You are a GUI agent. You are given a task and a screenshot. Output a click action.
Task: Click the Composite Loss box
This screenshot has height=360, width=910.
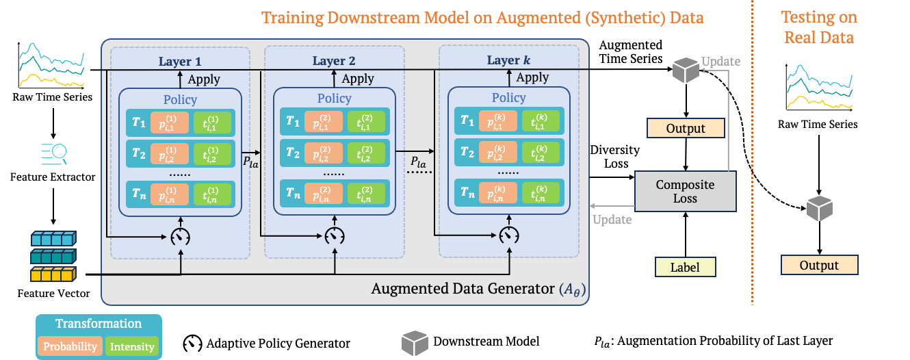(686, 192)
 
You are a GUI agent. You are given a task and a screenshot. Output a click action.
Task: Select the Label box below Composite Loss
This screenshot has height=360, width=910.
(686, 267)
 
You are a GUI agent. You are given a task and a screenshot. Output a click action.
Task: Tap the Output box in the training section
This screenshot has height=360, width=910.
(686, 128)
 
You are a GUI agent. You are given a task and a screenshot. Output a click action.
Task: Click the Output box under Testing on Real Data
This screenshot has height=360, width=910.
(820, 265)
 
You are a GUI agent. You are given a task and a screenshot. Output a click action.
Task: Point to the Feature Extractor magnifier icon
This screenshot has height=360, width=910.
(53, 155)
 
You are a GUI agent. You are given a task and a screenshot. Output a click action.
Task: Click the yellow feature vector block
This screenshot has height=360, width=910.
(53, 274)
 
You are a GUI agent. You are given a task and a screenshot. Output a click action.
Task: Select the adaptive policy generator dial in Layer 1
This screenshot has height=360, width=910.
(181, 237)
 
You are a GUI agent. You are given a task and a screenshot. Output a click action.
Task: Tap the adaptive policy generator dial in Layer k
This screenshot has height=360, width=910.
(509, 235)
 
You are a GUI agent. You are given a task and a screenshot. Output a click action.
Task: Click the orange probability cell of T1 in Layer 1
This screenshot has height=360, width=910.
(170, 123)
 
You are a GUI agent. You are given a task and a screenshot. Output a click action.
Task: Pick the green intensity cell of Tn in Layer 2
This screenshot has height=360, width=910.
(366, 193)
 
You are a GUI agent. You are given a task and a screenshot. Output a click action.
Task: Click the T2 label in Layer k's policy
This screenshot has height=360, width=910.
(467, 153)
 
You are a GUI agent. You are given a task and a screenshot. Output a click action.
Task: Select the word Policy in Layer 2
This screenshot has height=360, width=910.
(335, 98)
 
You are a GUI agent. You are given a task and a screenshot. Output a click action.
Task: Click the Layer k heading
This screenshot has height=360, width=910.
(508, 60)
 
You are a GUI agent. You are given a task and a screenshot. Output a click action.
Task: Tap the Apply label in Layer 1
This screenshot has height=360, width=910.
(204, 79)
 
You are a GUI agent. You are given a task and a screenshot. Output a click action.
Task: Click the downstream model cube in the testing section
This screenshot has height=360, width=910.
(820, 209)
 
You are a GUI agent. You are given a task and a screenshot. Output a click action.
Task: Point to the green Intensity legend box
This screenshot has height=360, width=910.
(132, 346)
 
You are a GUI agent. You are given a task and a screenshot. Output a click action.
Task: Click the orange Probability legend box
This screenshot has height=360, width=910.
(70, 346)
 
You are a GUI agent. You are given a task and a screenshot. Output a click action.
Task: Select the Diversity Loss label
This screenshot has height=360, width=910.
(615, 157)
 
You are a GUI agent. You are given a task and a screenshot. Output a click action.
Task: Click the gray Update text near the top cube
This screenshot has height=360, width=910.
(721, 62)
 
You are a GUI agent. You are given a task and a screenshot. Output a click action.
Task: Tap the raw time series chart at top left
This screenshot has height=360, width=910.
(51, 65)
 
